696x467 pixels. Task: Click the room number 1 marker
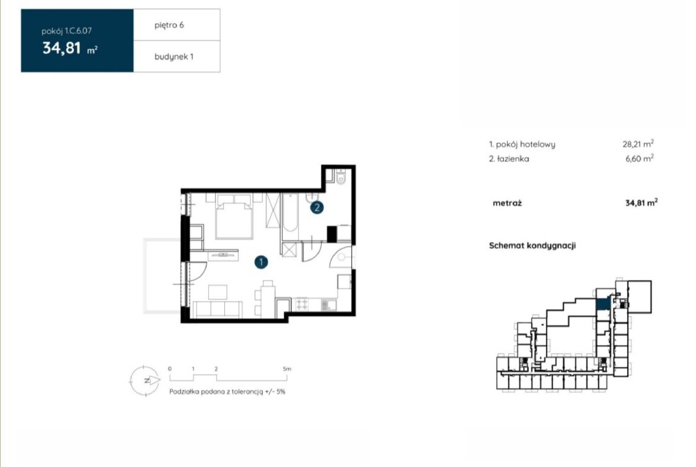261,262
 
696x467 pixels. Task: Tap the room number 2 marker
316,207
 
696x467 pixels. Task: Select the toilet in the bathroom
341,177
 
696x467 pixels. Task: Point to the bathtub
290,212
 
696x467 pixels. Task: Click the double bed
234,216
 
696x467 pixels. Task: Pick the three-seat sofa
218,309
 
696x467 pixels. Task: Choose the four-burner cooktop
302,304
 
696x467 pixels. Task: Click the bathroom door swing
312,252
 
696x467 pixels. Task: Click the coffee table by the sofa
218,292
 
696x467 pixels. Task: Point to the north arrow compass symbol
145,380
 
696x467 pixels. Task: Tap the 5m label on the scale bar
287,369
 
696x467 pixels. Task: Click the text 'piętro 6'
169,26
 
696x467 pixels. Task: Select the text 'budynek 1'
174,57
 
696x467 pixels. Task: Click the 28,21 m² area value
638,144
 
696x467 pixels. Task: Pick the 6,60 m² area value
639,158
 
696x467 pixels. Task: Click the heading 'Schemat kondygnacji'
532,246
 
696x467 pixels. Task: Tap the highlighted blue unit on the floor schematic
603,304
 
